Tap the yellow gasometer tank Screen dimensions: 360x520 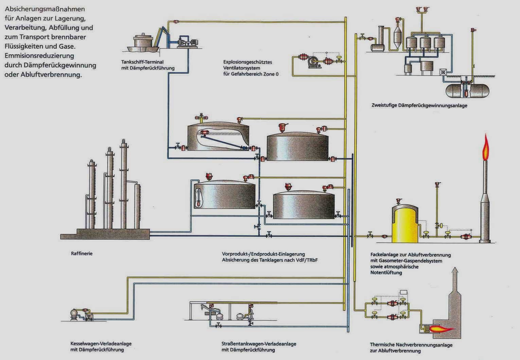pyautogui.click(x=405, y=224)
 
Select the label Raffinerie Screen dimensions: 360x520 pyautogui.click(x=82, y=253)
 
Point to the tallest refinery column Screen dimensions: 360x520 pyautogui.click(x=124, y=183)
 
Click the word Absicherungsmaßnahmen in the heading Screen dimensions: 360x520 pyautogui.click(x=45, y=9)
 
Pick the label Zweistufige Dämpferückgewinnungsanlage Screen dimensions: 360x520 pyautogui.click(x=419, y=105)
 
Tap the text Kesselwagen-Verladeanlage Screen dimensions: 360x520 pyautogui.click(x=101, y=343)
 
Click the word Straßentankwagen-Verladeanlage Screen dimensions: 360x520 pyautogui.click(x=259, y=344)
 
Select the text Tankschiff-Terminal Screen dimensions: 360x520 pyautogui.click(x=142, y=62)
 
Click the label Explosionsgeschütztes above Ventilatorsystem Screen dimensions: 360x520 pyautogui.click(x=247, y=62)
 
